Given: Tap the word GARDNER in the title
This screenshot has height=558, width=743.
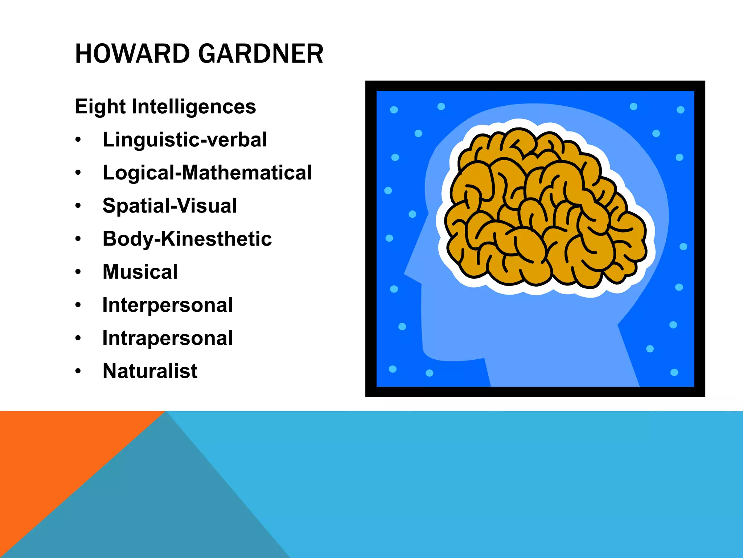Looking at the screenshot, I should coord(260,54).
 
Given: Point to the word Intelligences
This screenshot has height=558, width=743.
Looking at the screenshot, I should coord(194,107).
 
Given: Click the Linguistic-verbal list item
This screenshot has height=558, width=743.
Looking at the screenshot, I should coord(185,140).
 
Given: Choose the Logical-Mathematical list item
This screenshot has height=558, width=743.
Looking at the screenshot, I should coord(207,173).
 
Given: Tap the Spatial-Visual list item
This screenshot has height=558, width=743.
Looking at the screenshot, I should coord(170,206).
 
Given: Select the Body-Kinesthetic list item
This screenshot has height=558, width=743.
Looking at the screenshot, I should coord(187,239).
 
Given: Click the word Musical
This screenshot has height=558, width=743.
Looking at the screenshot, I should coord(140,272).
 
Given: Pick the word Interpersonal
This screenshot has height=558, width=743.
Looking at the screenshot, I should coord(168,305).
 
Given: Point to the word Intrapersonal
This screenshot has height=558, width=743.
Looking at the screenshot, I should coord(168,338).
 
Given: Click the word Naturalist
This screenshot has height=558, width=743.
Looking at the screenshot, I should coord(150,371).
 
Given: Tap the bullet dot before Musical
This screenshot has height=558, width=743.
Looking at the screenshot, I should coord(78,272).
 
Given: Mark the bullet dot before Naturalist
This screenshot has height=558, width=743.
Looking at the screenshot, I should coord(78,371).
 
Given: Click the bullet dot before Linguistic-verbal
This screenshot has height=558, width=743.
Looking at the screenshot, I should coord(78,140).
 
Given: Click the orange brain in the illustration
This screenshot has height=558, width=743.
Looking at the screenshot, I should coord(544,211).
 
